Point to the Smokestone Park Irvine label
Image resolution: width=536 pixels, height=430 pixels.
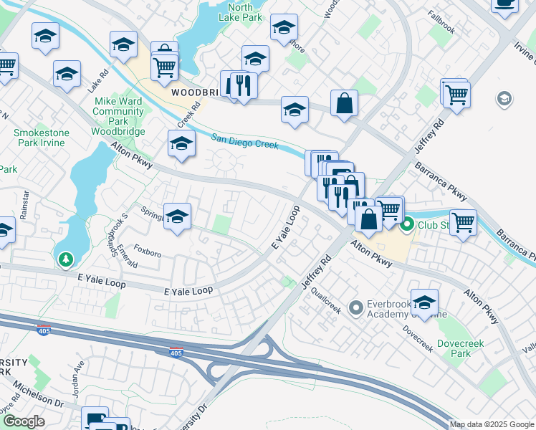point(39,138)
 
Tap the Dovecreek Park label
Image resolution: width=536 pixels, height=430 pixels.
point(461,348)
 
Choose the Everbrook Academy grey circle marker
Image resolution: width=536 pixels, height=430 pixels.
point(355,309)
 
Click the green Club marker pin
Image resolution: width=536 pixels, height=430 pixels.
point(407,226)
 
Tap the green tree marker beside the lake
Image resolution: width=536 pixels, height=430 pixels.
point(66,259)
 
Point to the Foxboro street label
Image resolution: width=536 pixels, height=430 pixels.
point(148,252)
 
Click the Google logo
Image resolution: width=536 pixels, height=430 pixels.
point(24,421)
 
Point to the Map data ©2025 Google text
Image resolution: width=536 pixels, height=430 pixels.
point(491,424)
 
